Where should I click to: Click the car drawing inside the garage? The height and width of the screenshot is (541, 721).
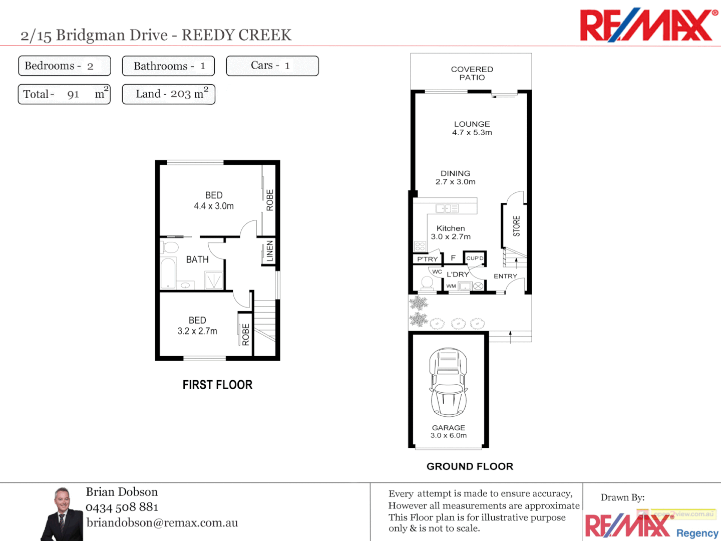pyautogui.click(x=448, y=382)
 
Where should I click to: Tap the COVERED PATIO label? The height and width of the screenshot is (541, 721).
pyautogui.click(x=472, y=73)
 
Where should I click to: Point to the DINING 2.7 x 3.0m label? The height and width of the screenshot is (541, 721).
pyautogui.click(x=455, y=177)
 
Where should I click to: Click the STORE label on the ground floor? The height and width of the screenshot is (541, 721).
pyautogui.click(x=516, y=226)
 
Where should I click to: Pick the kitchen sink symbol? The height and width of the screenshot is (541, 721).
pyautogui.click(x=447, y=208)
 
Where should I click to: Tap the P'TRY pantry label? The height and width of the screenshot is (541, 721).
pyautogui.click(x=427, y=259)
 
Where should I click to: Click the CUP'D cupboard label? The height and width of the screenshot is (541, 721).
pyautogui.click(x=475, y=258)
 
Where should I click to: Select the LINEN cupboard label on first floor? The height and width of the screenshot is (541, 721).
pyautogui.click(x=270, y=250)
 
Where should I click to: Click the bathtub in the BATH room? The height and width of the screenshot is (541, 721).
pyautogui.click(x=168, y=273)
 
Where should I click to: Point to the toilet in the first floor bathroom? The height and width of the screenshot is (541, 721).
pyautogui.click(x=170, y=247)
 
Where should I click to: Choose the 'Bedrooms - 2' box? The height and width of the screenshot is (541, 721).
pyautogui.click(x=64, y=66)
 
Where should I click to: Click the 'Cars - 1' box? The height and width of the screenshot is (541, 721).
pyautogui.click(x=272, y=66)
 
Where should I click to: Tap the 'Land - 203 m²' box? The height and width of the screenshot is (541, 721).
pyautogui.click(x=168, y=94)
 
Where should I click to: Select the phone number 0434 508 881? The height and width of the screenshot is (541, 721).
pyautogui.click(x=122, y=507)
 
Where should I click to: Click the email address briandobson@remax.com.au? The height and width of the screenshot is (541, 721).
pyautogui.click(x=162, y=522)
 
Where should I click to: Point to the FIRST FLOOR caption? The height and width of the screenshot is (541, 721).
pyautogui.click(x=217, y=385)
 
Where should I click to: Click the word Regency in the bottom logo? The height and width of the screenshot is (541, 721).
pyautogui.click(x=697, y=533)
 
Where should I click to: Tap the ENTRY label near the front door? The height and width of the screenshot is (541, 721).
pyautogui.click(x=505, y=276)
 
